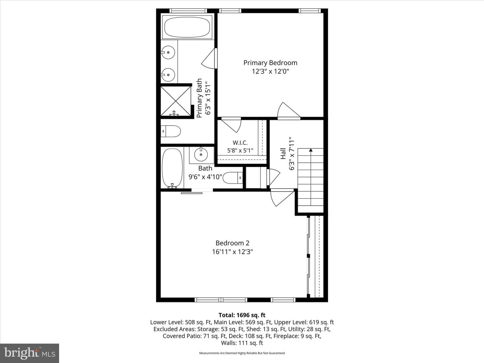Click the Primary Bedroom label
(270, 63)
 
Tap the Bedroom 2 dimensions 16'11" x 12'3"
(232, 252)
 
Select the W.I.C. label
(240, 143)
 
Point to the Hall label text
(283, 153)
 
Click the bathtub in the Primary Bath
(187, 27)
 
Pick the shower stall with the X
(175, 101)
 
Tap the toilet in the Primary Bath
(170, 131)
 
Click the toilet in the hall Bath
(233, 178)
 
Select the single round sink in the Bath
(201, 155)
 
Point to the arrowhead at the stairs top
(311, 150)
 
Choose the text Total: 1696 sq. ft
(242, 315)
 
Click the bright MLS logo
(30, 353)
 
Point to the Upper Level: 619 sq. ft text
(304, 322)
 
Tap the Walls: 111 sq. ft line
(242, 343)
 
